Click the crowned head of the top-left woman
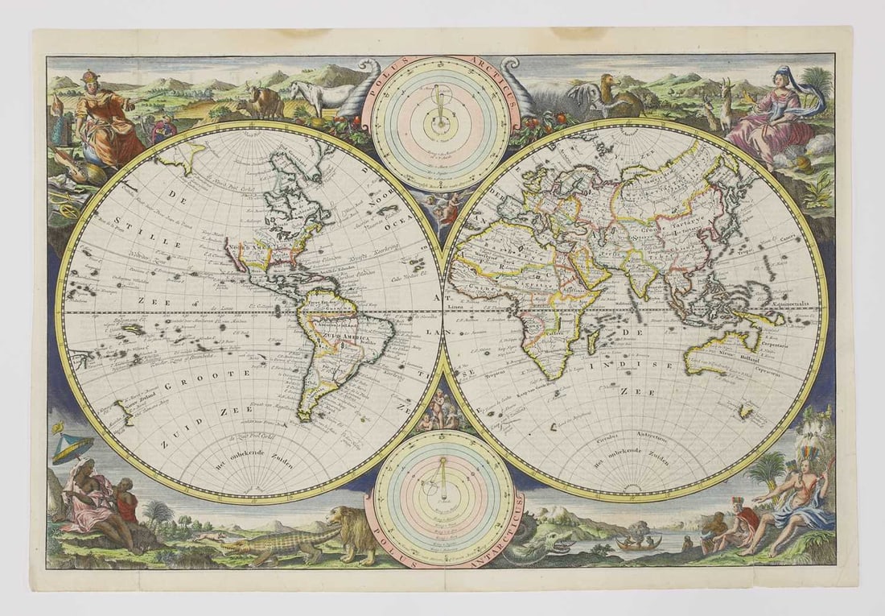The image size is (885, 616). [88, 79]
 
